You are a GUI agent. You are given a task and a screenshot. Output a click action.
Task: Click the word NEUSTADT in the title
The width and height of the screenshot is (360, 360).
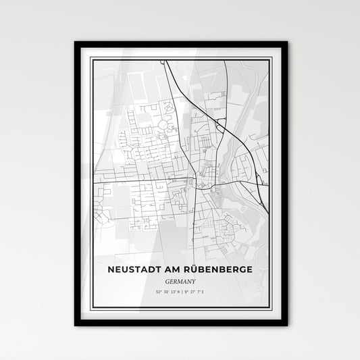[134, 251]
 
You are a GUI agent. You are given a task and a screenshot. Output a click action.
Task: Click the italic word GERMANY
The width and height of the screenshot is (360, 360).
[180, 263]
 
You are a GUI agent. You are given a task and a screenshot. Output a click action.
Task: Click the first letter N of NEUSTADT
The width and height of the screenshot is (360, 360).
[110, 251]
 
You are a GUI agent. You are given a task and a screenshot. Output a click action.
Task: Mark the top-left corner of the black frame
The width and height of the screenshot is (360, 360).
[75, 43]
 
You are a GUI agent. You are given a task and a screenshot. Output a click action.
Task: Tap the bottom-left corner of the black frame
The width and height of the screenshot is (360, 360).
[75, 325]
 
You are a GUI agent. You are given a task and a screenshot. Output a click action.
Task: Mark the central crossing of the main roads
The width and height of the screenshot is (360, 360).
[196, 182]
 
